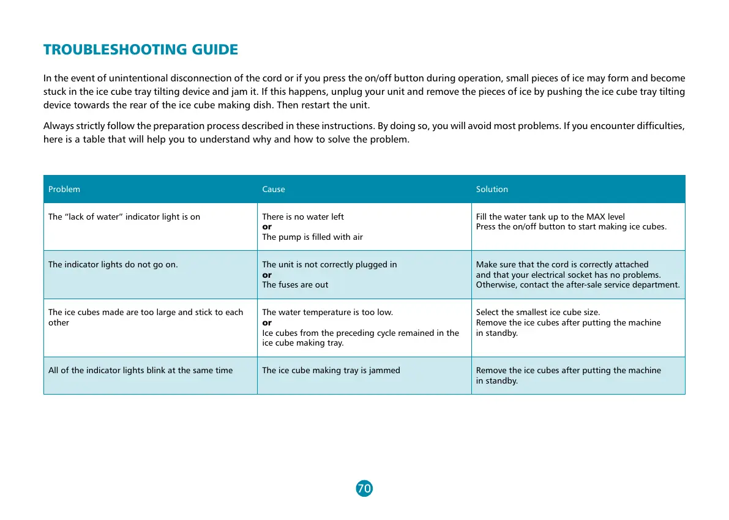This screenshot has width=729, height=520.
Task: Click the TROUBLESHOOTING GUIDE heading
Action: (x=140, y=50)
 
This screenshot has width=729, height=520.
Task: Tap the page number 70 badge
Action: (x=364, y=488)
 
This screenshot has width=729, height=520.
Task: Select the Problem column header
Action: (x=64, y=189)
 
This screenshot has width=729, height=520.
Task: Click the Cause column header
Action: (x=274, y=189)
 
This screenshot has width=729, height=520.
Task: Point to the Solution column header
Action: (x=492, y=189)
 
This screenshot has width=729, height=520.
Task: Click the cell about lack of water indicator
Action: (x=124, y=217)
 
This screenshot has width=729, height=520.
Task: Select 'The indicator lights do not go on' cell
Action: (x=113, y=264)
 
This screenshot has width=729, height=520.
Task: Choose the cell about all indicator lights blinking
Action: (x=140, y=370)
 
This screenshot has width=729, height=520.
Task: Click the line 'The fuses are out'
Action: (x=295, y=284)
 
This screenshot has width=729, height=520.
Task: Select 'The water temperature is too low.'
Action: (x=327, y=312)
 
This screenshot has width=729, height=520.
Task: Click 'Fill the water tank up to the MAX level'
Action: (x=550, y=217)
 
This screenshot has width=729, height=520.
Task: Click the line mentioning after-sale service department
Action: (x=578, y=284)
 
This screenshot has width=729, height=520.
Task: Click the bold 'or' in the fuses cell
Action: (x=267, y=275)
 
